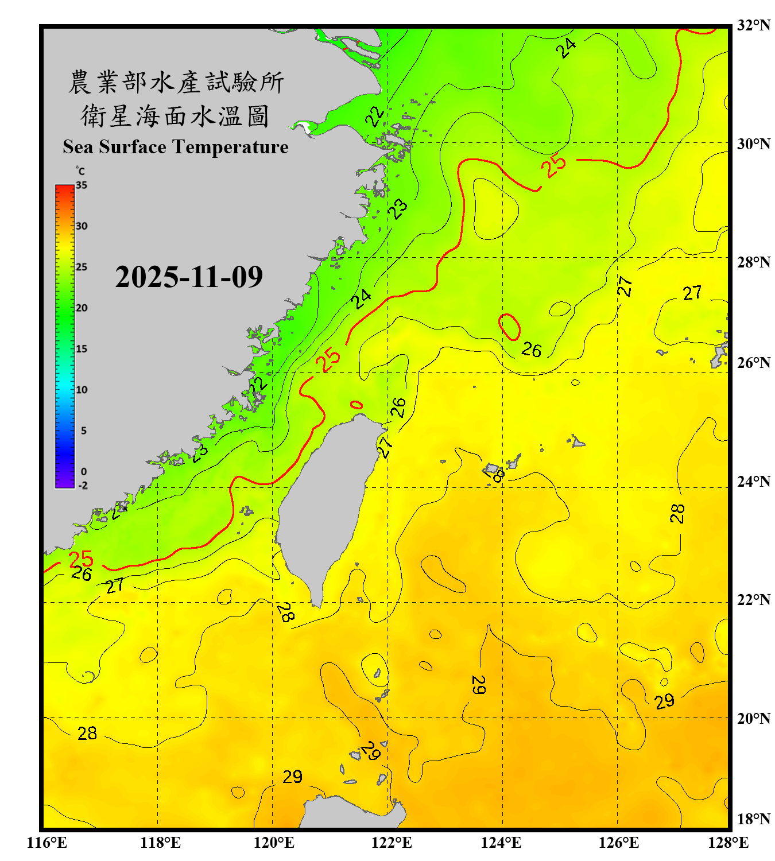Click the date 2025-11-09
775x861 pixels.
[189, 277]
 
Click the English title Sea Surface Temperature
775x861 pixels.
[176, 147]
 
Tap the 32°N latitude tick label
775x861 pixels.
[753, 25]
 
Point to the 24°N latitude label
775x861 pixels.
[753, 482]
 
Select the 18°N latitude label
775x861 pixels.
[753, 819]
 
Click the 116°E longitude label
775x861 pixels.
[47, 843]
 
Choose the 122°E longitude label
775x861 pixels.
[392, 843]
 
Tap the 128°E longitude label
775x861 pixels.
[728, 843]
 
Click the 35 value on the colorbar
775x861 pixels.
[82, 185]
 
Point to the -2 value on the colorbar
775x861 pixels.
[83, 486]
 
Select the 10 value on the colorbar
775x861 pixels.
[82, 390]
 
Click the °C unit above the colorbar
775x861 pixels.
[80, 172]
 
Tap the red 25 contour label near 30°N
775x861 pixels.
[555, 166]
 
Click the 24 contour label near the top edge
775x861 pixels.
[566, 48]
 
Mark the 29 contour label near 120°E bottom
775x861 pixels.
[292, 777]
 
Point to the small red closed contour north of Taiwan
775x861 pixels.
[356, 405]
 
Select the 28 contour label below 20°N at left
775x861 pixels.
[87, 734]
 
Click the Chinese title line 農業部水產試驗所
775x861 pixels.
[176, 83]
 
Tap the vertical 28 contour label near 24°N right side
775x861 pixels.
[677, 513]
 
